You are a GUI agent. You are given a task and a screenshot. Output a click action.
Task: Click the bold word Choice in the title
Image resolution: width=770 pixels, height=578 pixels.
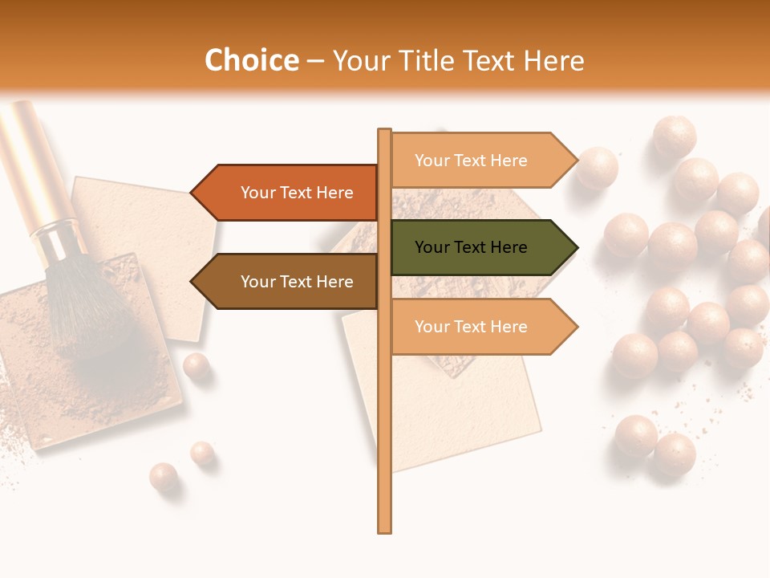[251, 61]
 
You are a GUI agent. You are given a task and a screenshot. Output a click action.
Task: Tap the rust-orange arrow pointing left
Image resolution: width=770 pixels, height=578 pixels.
[289, 193]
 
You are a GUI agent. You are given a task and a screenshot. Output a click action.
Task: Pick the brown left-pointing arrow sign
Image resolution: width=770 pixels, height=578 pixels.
[289, 282]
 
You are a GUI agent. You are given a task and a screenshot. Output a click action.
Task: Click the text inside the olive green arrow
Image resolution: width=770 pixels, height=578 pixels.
[471, 247]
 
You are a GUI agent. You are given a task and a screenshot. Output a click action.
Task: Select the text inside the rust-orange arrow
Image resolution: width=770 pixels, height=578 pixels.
[297, 193]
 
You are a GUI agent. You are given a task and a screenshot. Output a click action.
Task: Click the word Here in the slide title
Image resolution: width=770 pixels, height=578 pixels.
[553, 61]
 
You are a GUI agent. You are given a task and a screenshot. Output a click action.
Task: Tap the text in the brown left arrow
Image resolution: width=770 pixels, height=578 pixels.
[297, 282]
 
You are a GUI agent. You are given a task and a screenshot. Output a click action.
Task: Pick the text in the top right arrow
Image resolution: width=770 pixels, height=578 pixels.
[471, 161]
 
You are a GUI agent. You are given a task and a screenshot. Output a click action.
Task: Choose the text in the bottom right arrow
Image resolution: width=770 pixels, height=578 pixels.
[471, 327]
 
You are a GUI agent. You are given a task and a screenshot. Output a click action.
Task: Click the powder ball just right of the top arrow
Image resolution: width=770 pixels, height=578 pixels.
[597, 168]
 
